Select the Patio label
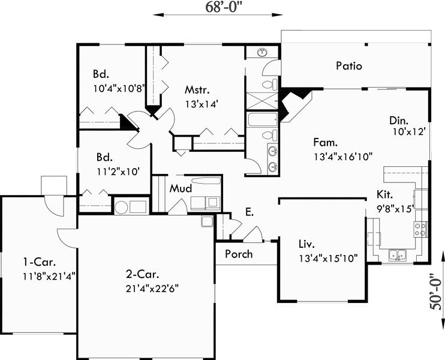click(348, 66)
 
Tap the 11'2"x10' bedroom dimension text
click(118, 171)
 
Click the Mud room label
click(180, 188)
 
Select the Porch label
click(239, 254)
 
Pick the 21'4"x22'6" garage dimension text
click(152, 287)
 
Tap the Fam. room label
click(325, 143)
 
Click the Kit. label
click(385, 195)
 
